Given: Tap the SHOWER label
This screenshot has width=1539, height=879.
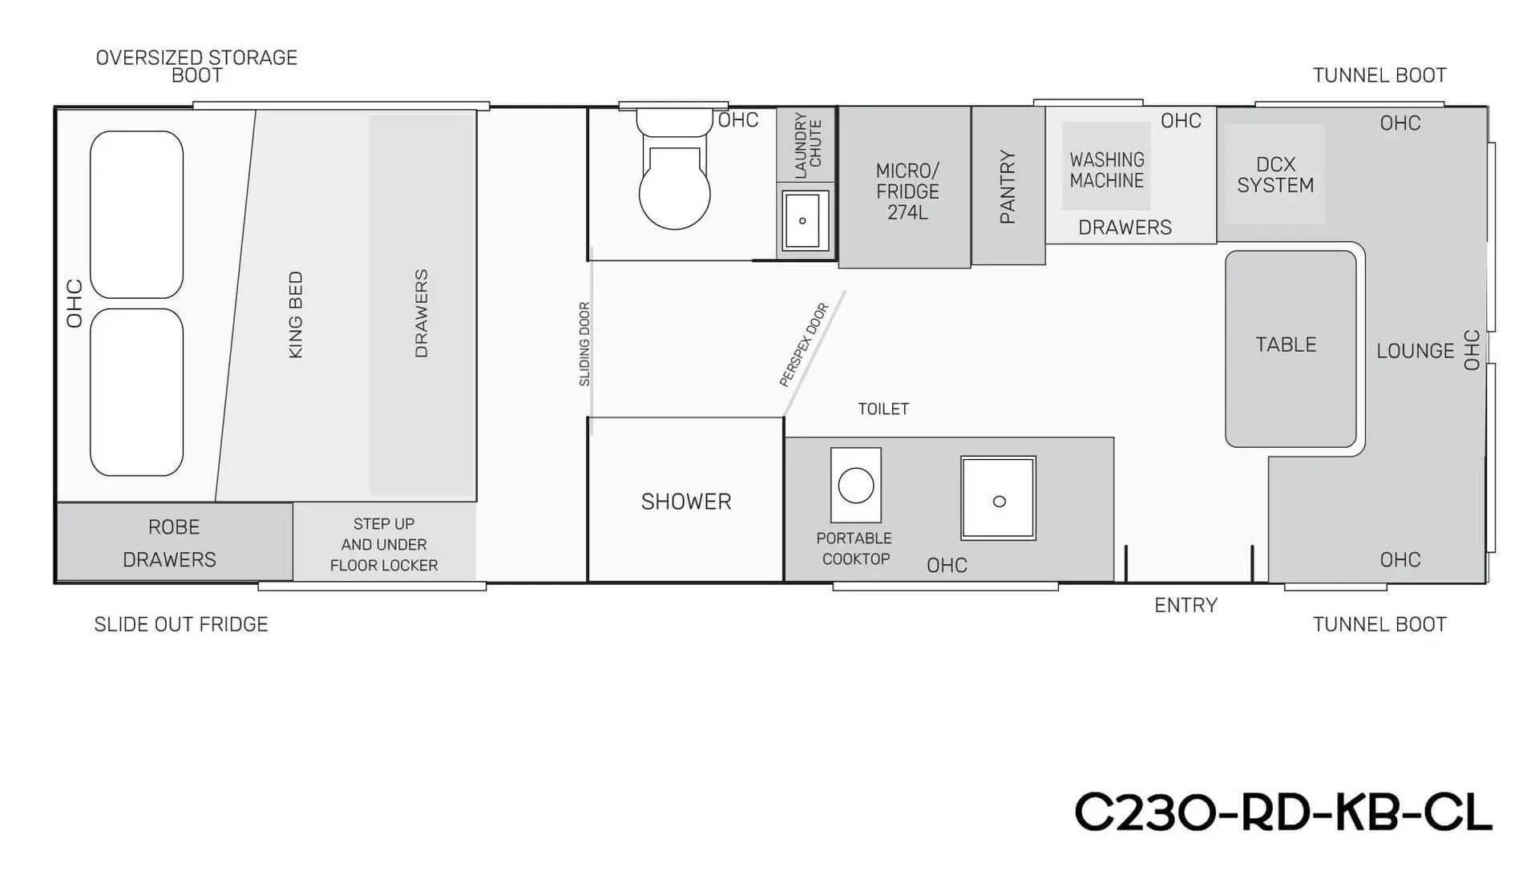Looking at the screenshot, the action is pyautogui.click(x=686, y=502).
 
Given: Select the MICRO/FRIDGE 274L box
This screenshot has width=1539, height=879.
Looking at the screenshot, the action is pyautogui.click(x=905, y=187).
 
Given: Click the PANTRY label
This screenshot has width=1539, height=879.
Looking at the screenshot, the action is pyautogui.click(x=1008, y=187).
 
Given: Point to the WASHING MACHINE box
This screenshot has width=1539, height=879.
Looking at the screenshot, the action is pyautogui.click(x=1106, y=167).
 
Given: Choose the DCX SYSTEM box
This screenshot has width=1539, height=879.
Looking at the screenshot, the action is pyautogui.click(x=1275, y=174).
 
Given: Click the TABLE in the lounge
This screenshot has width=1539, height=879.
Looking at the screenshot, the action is pyautogui.click(x=1291, y=349).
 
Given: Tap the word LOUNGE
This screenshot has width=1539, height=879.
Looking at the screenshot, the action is pyautogui.click(x=1415, y=351).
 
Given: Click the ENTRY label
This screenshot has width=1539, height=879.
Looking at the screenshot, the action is pyautogui.click(x=1186, y=606).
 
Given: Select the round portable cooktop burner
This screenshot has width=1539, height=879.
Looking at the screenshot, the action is pyautogui.click(x=856, y=486).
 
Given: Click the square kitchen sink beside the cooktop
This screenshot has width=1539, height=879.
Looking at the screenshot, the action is pyautogui.click(x=999, y=498).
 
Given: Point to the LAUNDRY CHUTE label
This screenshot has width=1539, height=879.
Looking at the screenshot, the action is pyautogui.click(x=807, y=144).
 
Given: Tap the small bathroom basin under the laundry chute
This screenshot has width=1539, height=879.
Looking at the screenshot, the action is pyautogui.click(x=803, y=220).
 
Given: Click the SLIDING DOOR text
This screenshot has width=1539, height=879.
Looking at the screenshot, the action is pyautogui.click(x=584, y=344).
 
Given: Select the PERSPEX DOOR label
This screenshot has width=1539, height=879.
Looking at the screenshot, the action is pyautogui.click(x=804, y=345).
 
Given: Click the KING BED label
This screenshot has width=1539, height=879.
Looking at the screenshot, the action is pyautogui.click(x=295, y=315).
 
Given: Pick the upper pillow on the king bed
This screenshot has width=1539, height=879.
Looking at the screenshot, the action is pyautogui.click(x=136, y=215).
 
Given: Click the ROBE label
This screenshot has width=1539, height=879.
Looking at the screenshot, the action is pyautogui.click(x=174, y=527).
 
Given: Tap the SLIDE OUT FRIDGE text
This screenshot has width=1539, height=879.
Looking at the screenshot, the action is pyautogui.click(x=181, y=624).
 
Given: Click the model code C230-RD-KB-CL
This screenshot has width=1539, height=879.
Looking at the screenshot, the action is pyautogui.click(x=1282, y=812).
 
